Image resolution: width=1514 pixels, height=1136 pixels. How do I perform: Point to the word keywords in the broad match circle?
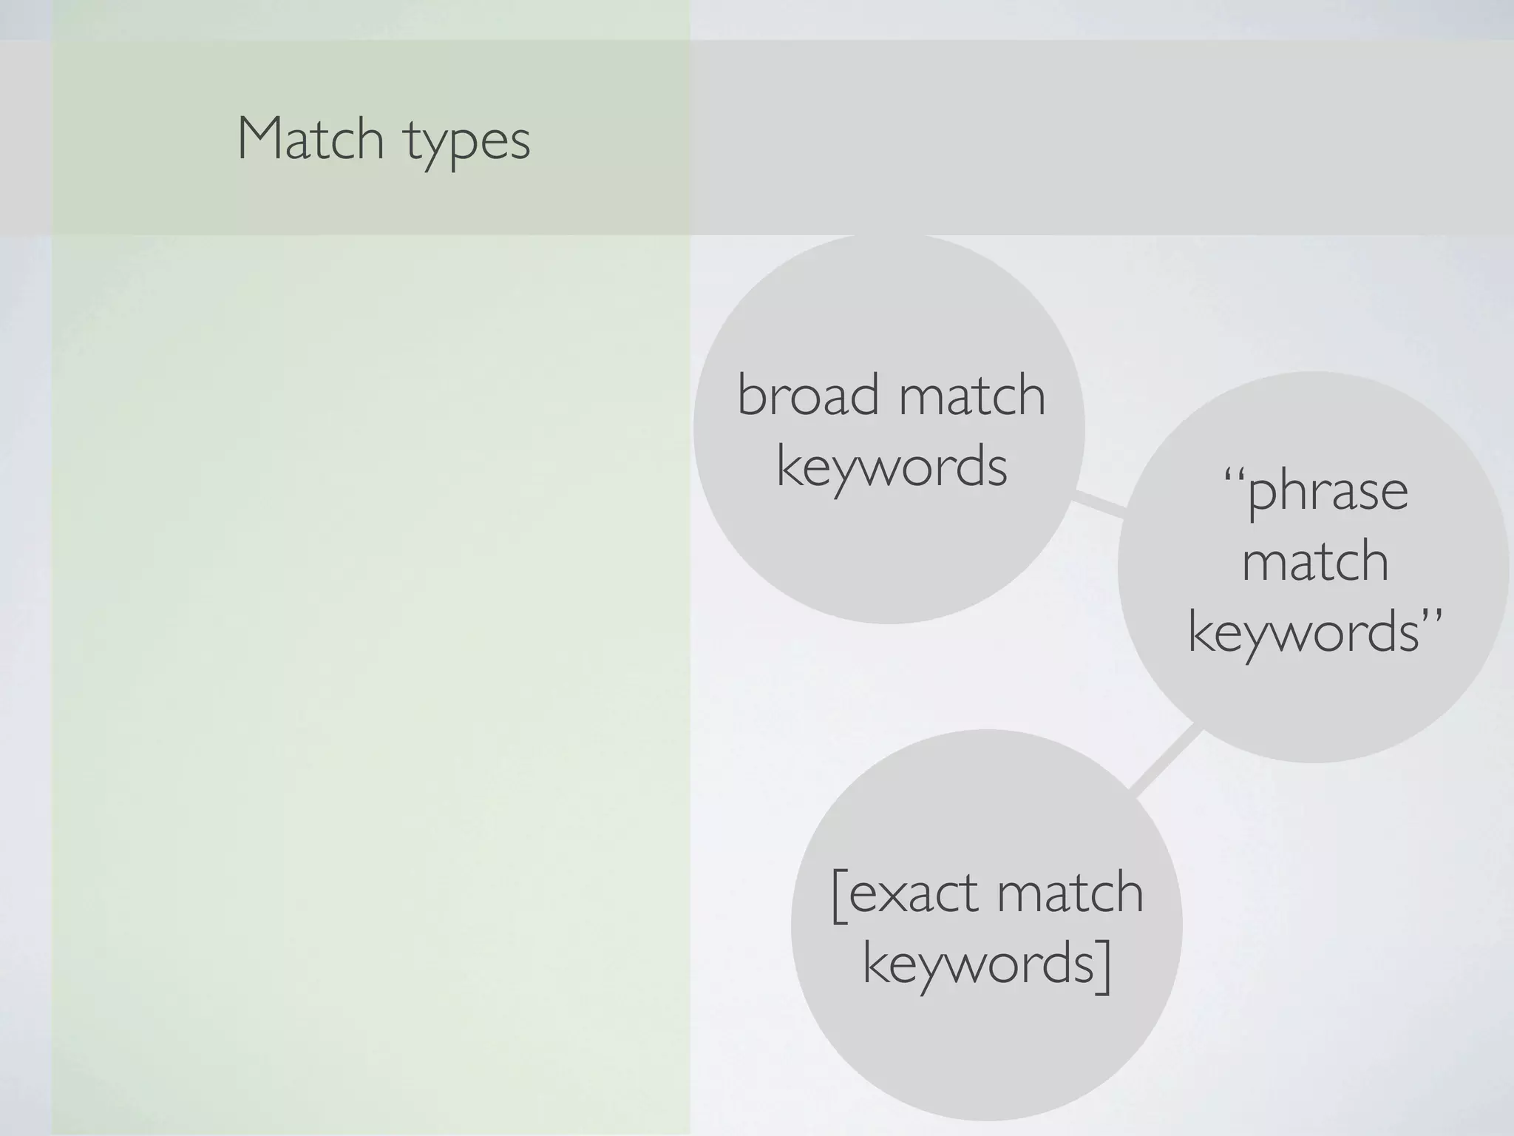892,467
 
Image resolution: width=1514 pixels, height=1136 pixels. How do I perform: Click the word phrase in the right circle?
1328,491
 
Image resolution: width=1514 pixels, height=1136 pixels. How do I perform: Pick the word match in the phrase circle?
1315,561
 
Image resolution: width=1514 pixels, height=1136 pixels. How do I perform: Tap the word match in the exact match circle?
1070,893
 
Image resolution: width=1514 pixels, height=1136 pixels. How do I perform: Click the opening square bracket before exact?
839,895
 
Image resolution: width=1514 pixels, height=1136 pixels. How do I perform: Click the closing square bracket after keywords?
1103,966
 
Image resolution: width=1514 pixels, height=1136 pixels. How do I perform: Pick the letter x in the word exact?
897,894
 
